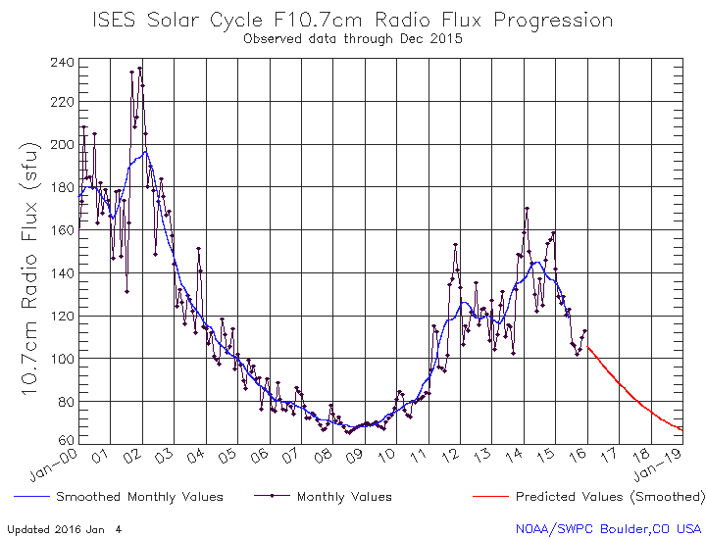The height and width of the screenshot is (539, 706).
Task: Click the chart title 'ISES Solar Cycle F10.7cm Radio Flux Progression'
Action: pyautogui.click(x=352, y=21)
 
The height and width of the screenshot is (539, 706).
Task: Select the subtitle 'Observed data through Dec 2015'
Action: pyautogui.click(x=352, y=39)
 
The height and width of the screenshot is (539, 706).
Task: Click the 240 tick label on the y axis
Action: pyautogui.click(x=63, y=63)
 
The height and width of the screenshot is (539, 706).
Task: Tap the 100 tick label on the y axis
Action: pyautogui.click(x=63, y=360)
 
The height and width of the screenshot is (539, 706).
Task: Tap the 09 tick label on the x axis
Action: pyautogui.click(x=358, y=457)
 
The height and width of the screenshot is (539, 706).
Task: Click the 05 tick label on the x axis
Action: pyautogui.click(x=229, y=457)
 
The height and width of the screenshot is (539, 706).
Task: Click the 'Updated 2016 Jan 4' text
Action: pyautogui.click(x=65, y=528)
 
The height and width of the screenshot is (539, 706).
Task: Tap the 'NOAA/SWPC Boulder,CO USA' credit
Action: pyautogui.click(x=608, y=528)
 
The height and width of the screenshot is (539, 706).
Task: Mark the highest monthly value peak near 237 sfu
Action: pyautogui.click(x=140, y=68)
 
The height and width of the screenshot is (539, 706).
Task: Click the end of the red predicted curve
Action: pyautogui.click(x=682, y=430)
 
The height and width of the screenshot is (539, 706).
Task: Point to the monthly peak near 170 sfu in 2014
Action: pyautogui.click(x=527, y=208)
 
